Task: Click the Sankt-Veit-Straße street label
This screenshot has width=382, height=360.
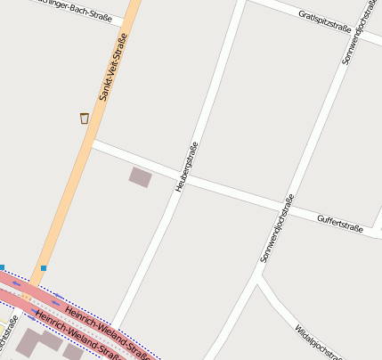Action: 113,67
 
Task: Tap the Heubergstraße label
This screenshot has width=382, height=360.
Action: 186,167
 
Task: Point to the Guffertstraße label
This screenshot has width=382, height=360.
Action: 340,223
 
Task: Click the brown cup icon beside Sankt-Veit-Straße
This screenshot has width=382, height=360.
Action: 85,118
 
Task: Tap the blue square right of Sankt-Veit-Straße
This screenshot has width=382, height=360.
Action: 43,267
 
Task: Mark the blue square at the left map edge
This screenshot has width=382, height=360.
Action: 3,267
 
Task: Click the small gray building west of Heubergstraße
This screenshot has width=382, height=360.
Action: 140,176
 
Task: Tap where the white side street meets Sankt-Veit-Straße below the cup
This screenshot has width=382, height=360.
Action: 93,143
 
